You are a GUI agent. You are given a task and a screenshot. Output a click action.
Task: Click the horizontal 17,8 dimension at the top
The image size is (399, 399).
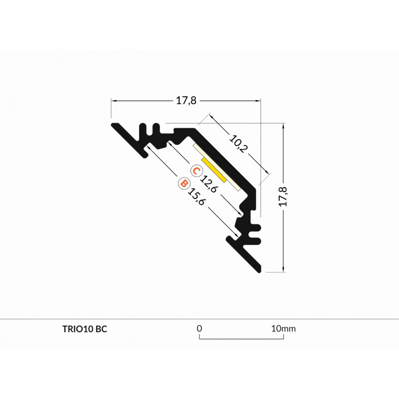coord(186,101)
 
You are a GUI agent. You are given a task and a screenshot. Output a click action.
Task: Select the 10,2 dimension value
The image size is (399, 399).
coord(238,144)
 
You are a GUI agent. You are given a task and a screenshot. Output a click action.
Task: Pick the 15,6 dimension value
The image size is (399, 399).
coord(196,197)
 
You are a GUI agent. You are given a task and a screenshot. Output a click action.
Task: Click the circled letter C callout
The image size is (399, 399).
coord(197,171)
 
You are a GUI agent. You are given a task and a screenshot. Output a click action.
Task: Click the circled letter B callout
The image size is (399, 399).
coord(184,184)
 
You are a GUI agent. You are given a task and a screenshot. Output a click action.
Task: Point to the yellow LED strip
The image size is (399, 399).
coord(214,170)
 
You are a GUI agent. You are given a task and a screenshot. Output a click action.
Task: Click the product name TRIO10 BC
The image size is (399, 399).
coord(85,329)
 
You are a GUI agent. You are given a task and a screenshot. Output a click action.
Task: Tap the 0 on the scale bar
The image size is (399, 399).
coord(199,329)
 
